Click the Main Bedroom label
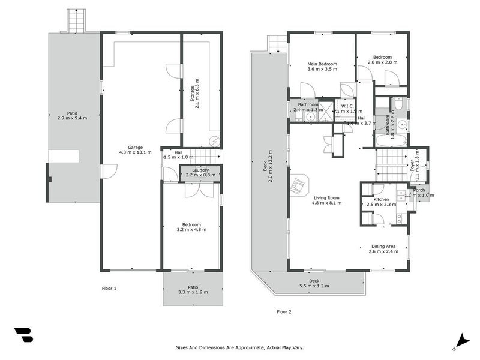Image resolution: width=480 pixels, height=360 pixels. tap(322, 64)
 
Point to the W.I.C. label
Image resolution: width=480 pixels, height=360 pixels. tap(348, 105)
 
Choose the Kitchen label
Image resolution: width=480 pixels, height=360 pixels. tap(381, 199)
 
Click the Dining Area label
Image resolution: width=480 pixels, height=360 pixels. tap(383, 246)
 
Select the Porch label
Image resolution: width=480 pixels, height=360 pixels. tap(418, 190)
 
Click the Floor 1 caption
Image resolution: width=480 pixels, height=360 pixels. tap(109, 289)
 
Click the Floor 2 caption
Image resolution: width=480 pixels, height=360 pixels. tap(284, 311)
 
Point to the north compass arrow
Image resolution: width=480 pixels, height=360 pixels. tap(461, 340)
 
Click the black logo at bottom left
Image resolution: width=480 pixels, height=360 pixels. tap(23, 335)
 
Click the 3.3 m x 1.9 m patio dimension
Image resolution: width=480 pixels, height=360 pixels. tap(193, 293)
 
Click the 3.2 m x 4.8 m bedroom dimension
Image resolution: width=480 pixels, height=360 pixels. tap(191, 229)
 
